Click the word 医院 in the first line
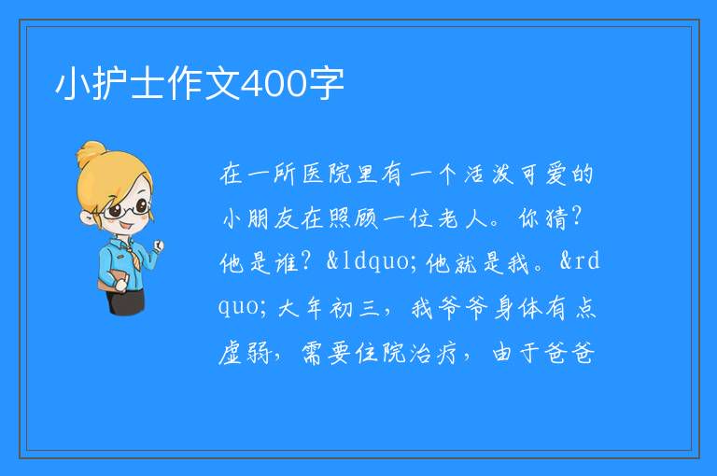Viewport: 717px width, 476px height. tap(328, 175)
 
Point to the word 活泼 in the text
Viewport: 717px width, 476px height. tap(488, 175)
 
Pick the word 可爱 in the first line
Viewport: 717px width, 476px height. tap(542, 175)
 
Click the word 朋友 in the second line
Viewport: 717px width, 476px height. tap(273, 218)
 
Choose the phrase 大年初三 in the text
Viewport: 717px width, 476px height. tap(329, 307)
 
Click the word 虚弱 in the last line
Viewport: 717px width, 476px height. tap(245, 353)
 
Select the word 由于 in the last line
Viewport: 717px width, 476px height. tap(515, 353)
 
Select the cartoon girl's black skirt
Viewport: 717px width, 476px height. tap(126, 301)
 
